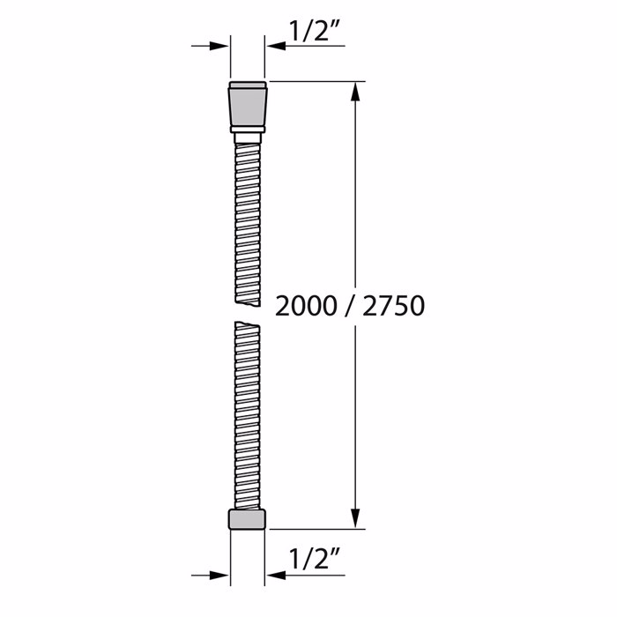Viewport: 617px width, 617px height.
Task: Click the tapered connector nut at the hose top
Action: click(x=248, y=104)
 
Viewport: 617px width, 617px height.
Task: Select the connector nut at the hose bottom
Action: click(x=248, y=519)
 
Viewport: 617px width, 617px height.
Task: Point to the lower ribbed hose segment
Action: click(x=248, y=414)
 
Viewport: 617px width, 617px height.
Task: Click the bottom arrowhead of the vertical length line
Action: click(x=357, y=520)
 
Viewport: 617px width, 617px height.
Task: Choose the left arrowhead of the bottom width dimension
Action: click(x=220, y=576)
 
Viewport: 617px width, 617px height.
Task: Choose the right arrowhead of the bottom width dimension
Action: click(x=275, y=576)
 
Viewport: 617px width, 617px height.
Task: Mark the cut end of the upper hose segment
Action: click(x=248, y=300)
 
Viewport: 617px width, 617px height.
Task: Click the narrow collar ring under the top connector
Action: click(x=248, y=130)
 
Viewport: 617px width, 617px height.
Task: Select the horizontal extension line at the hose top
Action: click(x=317, y=81)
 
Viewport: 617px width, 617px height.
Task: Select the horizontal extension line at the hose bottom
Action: click(x=317, y=530)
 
